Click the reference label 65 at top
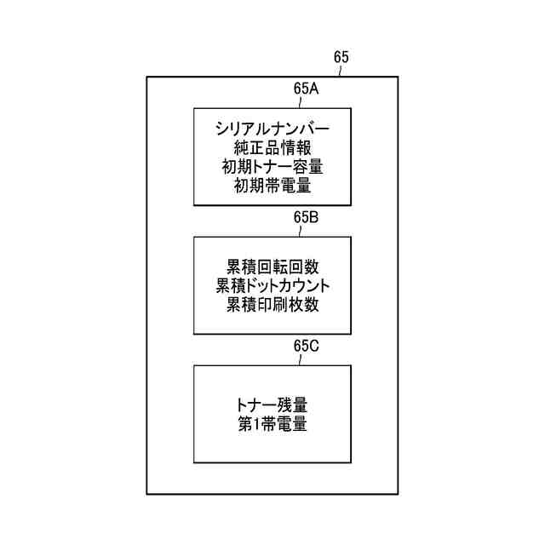click(341, 57)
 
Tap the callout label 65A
click(307, 88)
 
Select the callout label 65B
click(307, 216)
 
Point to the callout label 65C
click(307, 346)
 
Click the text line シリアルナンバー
click(272, 129)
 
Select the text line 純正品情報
click(272, 148)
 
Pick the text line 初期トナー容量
click(272, 167)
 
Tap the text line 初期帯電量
click(272, 186)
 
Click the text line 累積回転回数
click(272, 267)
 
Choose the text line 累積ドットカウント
click(272, 285)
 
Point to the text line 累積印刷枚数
click(272, 304)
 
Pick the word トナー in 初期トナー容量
click(272, 167)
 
